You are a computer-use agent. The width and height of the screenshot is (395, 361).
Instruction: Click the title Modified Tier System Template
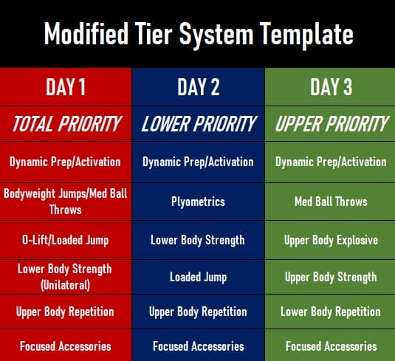click(x=197, y=33)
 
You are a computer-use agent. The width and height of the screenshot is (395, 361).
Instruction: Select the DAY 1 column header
click(x=66, y=87)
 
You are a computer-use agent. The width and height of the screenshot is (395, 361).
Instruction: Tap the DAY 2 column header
click(x=198, y=87)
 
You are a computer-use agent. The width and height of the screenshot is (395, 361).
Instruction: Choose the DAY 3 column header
click(x=330, y=87)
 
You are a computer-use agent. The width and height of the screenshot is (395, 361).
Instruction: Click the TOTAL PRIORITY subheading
click(x=66, y=124)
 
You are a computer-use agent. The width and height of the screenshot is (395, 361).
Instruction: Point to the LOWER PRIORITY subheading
click(x=198, y=124)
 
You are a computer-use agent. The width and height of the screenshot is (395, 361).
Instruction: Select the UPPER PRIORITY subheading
click(x=330, y=124)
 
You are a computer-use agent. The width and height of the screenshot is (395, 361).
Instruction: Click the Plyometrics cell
click(x=198, y=201)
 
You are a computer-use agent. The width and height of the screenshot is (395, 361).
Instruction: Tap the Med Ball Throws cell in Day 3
click(x=330, y=201)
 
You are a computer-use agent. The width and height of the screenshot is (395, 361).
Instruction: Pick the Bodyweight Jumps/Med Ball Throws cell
click(x=66, y=201)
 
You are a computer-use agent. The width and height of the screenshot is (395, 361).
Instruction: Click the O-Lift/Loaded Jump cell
click(x=66, y=240)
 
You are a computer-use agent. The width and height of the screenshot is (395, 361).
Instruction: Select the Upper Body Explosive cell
click(x=330, y=240)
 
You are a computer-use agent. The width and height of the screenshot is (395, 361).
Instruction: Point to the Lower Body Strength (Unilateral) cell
click(x=66, y=276)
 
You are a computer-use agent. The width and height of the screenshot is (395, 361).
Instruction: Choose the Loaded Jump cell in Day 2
click(x=198, y=277)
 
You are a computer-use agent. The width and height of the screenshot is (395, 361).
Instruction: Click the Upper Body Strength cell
click(x=330, y=277)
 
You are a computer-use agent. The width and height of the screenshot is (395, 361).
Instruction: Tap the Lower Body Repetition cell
click(x=330, y=312)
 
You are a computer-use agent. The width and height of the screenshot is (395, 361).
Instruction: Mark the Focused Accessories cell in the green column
click(x=330, y=345)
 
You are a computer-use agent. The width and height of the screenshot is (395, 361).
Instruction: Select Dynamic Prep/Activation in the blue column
click(x=198, y=162)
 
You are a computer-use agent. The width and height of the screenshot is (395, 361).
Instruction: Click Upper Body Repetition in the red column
click(x=66, y=312)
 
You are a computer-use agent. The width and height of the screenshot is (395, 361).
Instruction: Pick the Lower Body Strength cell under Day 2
click(x=198, y=240)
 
